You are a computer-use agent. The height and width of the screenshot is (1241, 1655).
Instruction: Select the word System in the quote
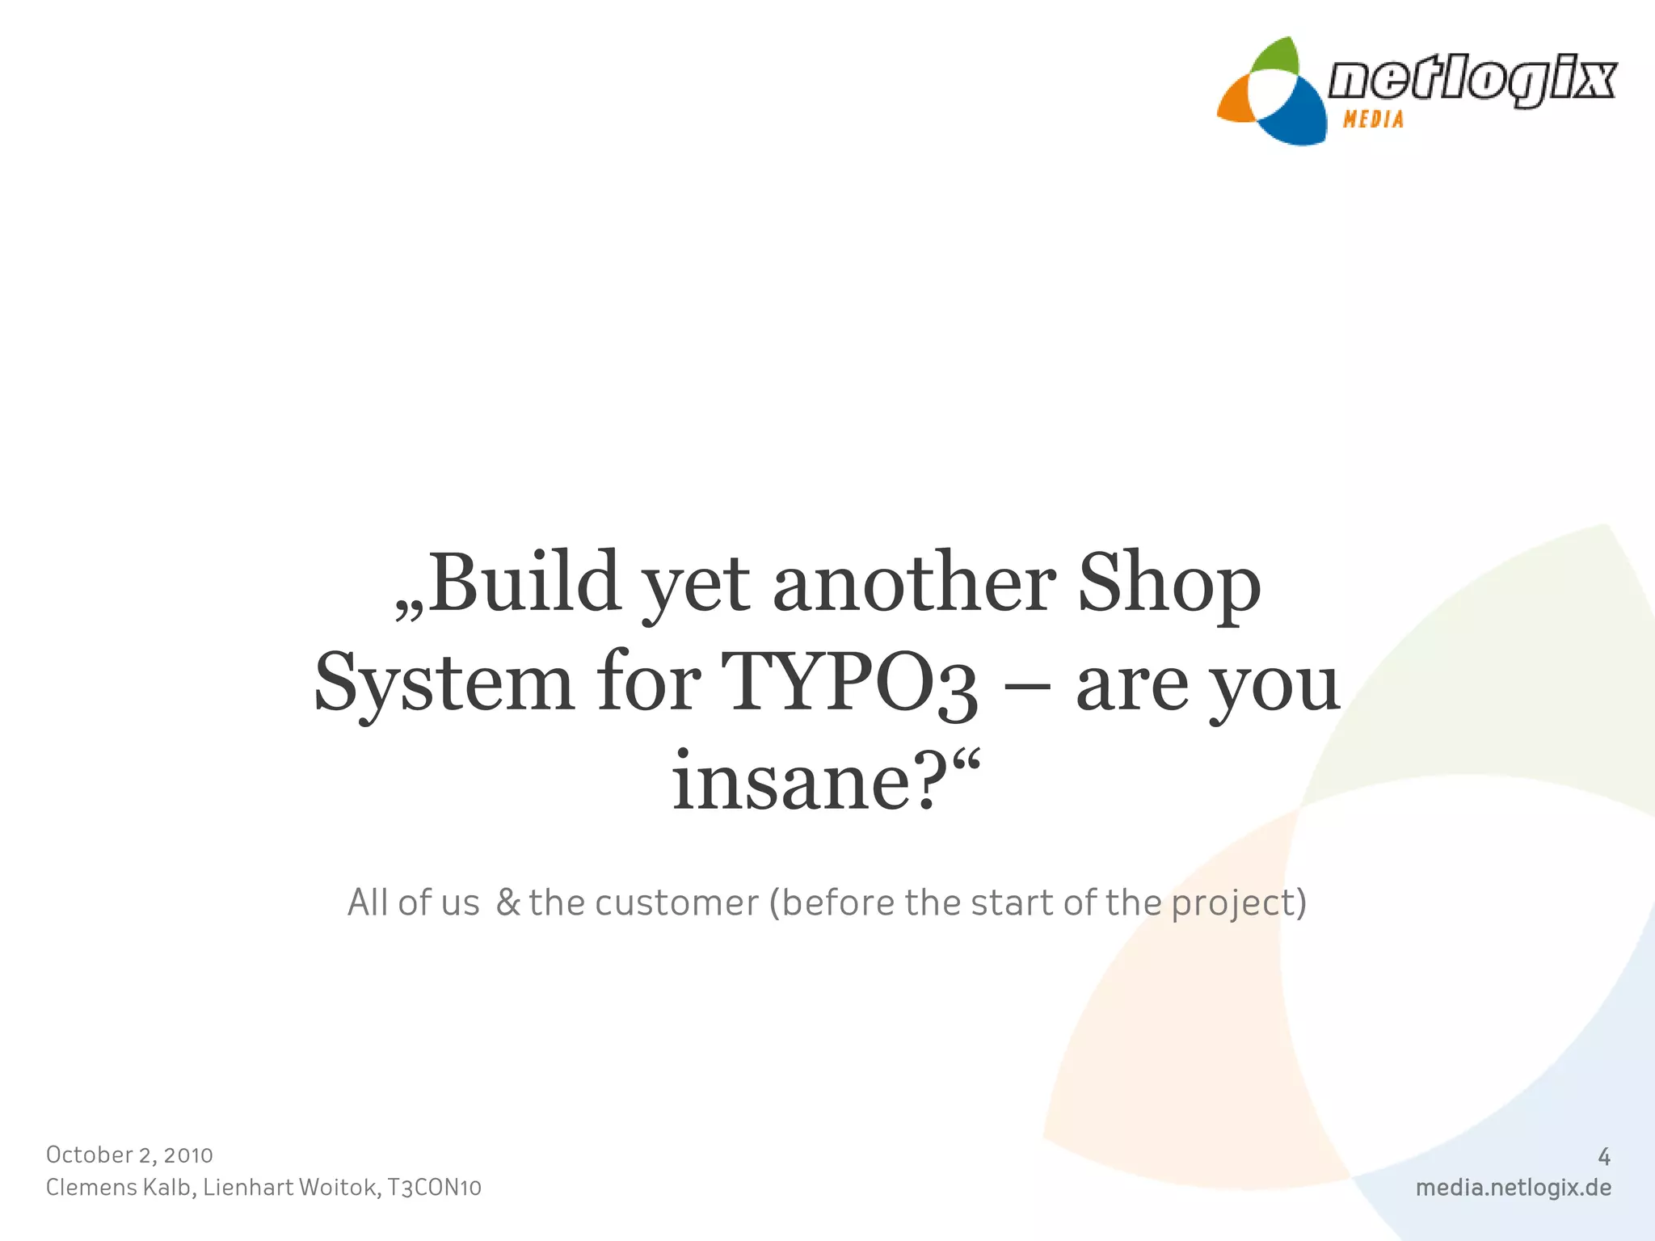click(444, 684)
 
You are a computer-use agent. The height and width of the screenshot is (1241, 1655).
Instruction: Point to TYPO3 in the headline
click(850, 684)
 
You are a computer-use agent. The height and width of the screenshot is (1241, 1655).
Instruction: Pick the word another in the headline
click(914, 583)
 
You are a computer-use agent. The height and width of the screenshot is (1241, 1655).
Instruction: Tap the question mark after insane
click(937, 780)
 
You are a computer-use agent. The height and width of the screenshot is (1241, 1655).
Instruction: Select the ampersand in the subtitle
click(508, 902)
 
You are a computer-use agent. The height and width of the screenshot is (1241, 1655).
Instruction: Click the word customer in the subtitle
click(677, 903)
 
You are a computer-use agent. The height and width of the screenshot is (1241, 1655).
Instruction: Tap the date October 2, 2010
click(129, 1155)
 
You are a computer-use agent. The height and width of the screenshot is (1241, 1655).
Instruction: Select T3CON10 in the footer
click(435, 1188)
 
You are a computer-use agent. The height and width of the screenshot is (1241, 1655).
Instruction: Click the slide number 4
click(1604, 1157)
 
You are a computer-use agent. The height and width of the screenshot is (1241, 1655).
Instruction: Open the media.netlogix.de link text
click(1513, 1188)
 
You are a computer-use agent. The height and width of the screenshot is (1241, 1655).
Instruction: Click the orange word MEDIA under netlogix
click(1373, 120)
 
